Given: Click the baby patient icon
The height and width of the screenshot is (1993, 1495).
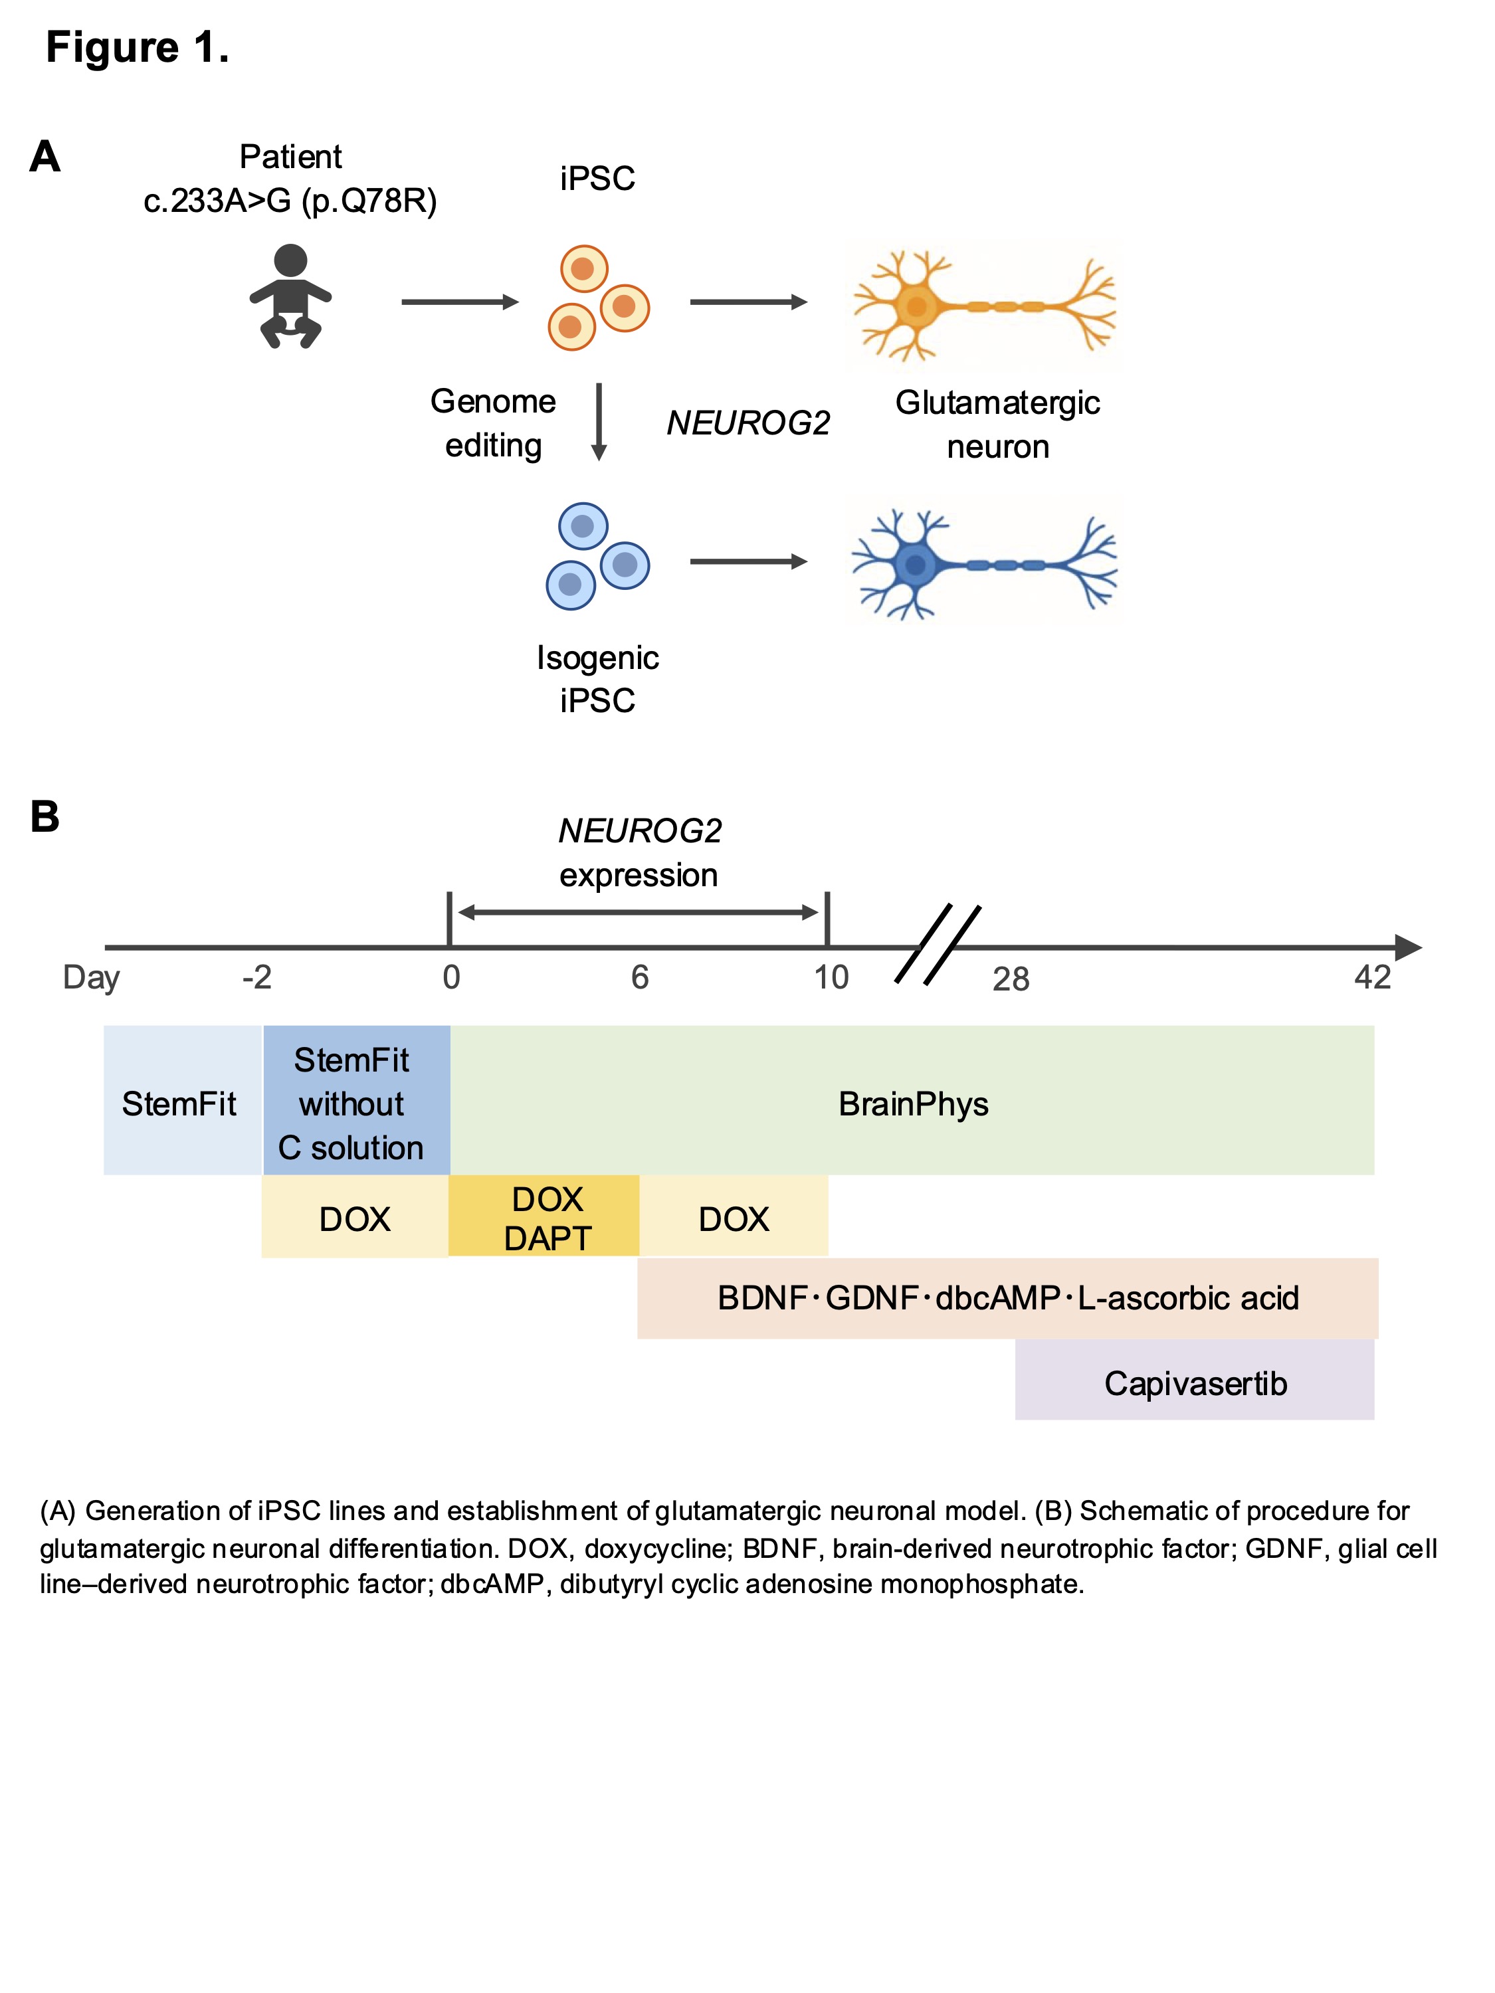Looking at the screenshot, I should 290,296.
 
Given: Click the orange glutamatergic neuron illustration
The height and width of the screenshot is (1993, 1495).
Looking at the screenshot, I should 984,306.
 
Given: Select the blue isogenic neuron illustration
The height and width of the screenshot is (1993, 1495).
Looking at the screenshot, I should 984,565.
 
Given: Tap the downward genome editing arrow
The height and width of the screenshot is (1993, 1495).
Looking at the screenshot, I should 599,422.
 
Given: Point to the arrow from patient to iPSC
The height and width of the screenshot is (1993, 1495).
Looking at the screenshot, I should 460,302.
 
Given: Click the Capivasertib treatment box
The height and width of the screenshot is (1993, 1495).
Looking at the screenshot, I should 1194,1383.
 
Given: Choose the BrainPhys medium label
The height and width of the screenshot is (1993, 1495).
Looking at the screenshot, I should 913,1103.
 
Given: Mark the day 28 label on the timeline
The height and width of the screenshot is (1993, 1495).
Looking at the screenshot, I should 1010,979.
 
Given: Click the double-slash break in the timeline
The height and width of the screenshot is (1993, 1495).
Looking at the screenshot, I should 937,944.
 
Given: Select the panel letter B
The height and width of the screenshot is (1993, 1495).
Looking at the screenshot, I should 45,817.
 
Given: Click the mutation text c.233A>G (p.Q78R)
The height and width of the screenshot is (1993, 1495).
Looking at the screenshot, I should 290,200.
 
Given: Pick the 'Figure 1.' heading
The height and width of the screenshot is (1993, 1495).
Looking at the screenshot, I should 137,47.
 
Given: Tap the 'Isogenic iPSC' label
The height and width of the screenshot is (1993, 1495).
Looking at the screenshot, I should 597,678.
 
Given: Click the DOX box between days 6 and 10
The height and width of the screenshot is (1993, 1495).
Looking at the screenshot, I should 734,1219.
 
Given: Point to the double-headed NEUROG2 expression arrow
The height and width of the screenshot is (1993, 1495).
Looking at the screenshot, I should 638,913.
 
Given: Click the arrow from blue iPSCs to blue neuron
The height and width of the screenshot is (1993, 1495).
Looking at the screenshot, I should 748,561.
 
